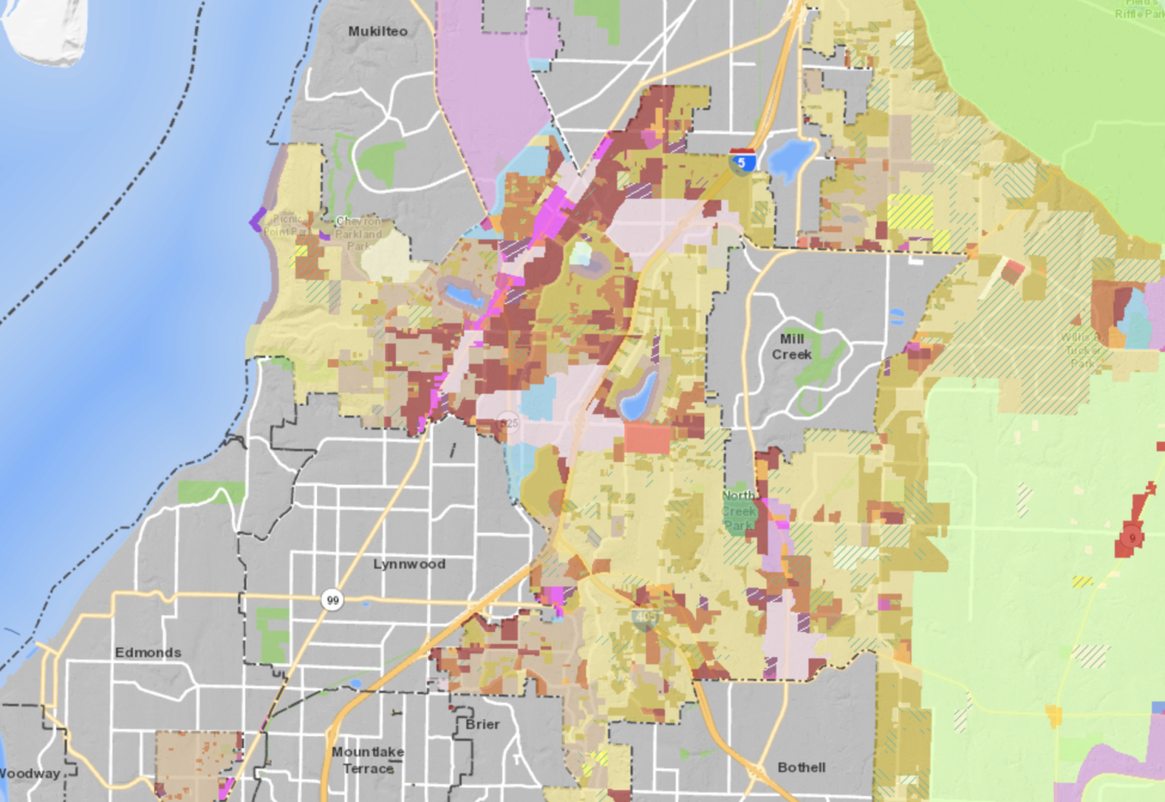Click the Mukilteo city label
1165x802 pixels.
point(378,31)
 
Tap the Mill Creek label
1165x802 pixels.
point(792,347)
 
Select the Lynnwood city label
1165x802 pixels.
point(409,564)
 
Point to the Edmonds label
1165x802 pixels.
point(148,653)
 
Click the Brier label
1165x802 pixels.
point(482,724)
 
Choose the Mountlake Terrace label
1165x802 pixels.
point(368,760)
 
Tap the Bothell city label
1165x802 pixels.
point(802,767)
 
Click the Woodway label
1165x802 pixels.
point(29,773)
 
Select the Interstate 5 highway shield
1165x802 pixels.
point(742,161)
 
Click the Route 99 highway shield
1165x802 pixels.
point(332,600)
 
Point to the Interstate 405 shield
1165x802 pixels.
point(645,618)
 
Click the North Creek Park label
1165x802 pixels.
point(738,510)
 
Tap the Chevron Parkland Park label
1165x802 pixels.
point(359,233)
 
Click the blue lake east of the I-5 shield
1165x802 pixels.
point(790,158)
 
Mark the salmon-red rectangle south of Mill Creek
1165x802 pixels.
point(648,438)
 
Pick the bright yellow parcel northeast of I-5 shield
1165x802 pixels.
point(909,212)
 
